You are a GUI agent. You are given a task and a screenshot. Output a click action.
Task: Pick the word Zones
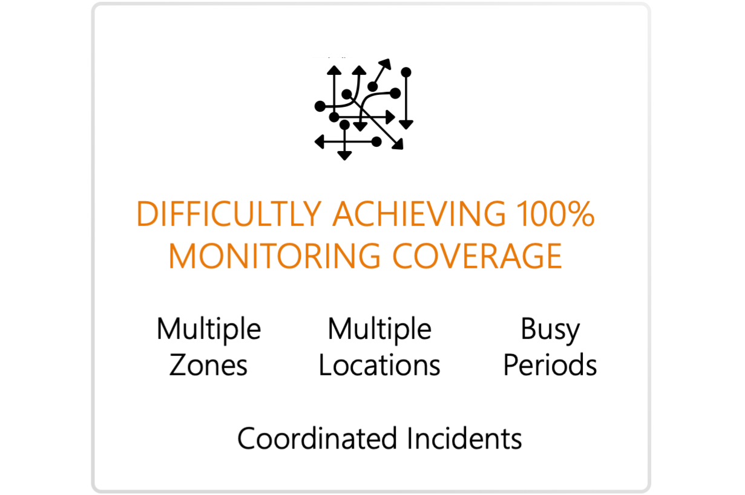coord(208,366)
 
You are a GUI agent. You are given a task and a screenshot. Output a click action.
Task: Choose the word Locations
coord(379,366)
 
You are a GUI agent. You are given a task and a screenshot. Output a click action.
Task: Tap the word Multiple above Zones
coord(208,330)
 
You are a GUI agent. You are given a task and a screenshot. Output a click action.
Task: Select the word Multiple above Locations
coord(379,330)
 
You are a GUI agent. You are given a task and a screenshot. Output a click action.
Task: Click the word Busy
coord(550,330)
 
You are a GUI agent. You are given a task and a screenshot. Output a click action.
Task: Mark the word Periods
coord(550,366)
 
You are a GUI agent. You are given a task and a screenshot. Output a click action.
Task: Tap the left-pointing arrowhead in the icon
coord(320,142)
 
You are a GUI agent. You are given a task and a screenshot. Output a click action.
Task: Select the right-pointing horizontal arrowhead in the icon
coord(391,117)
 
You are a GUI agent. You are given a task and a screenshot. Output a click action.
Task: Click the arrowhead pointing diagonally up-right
coord(386,63)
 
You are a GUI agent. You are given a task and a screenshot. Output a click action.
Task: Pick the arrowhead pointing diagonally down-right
coord(398,144)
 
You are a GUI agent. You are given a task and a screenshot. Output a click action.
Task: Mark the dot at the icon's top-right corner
coord(406,72)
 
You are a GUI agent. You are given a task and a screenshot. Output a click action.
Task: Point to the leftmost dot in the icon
coord(320,106)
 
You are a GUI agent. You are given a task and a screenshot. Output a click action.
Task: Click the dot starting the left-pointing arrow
coord(376,142)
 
